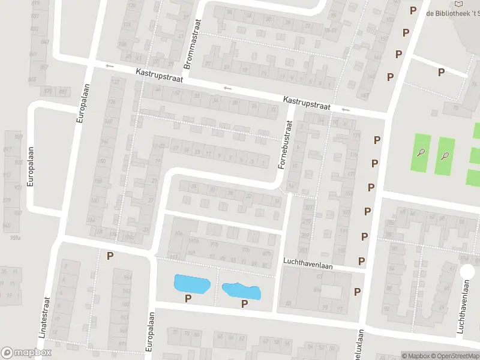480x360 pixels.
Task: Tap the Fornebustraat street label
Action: click(x=288, y=143)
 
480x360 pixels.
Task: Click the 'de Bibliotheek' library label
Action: click(x=452, y=13)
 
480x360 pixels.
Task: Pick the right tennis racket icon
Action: click(x=445, y=156)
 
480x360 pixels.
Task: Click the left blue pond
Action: click(x=191, y=284)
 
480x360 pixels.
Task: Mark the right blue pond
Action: click(x=242, y=290)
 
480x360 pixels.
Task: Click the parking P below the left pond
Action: click(x=188, y=298)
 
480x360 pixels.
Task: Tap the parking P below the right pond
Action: click(x=244, y=304)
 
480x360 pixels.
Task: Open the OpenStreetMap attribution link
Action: click(x=454, y=356)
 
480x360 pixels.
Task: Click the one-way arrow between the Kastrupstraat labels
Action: click(x=227, y=89)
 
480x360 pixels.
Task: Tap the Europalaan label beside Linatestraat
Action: click(x=151, y=334)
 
